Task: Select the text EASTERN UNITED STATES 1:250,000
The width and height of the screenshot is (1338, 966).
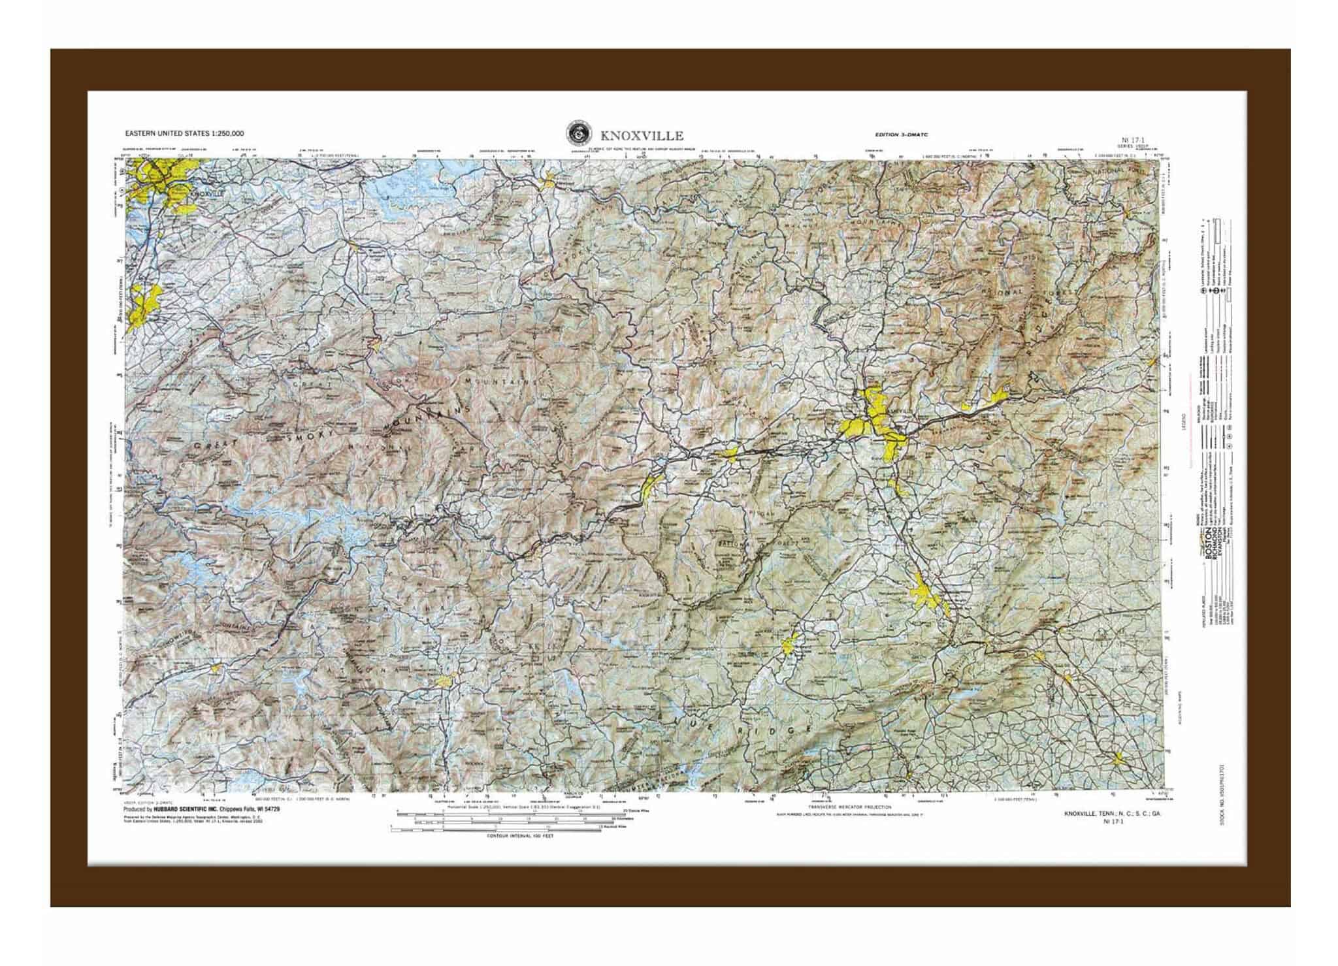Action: click(185, 133)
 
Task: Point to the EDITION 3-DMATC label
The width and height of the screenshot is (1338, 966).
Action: click(902, 135)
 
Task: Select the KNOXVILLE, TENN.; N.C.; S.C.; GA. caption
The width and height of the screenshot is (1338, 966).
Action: click(1112, 814)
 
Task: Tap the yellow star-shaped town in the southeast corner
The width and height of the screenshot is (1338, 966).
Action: click(1119, 759)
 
